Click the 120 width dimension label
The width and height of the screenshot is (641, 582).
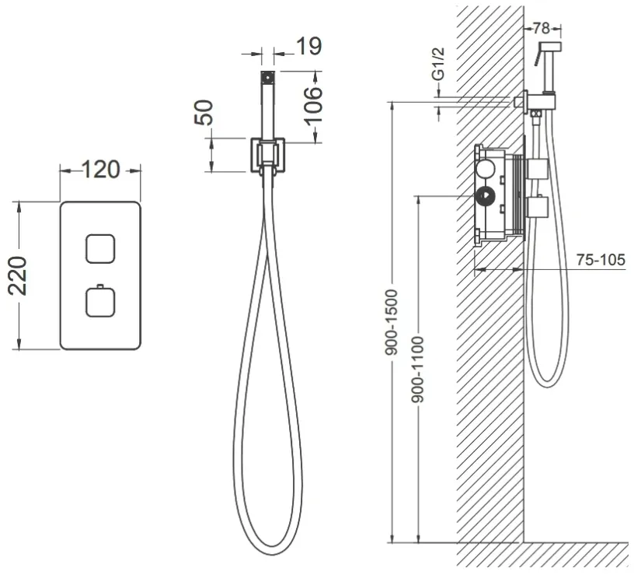click(101, 170)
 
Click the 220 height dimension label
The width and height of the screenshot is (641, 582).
click(18, 275)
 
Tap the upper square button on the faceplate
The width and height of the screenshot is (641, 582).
click(100, 248)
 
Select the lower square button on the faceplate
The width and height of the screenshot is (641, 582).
click(100, 303)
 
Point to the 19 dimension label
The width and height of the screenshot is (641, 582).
click(309, 46)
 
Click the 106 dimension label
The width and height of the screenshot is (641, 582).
click(313, 106)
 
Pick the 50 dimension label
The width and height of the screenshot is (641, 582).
click(204, 112)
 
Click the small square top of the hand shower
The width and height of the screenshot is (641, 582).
click(268, 77)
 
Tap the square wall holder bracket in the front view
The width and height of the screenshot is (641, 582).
click(268, 155)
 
